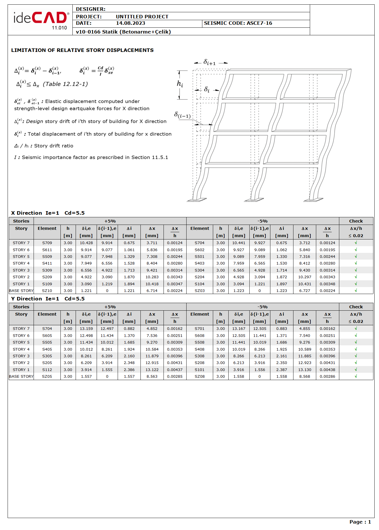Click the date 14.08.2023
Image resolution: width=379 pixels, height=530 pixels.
[131, 23]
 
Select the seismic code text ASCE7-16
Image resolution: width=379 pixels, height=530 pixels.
[259, 23]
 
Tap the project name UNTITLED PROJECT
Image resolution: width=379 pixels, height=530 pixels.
[142, 17]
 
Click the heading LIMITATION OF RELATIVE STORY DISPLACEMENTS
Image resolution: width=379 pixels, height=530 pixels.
[82, 50]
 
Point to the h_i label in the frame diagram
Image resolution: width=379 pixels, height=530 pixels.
[180, 84]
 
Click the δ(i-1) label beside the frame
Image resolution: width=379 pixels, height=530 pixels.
[182, 115]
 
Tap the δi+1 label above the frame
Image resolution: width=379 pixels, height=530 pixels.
[209, 62]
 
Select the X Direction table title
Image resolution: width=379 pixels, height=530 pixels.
[48, 213]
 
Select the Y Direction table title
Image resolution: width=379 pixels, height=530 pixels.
[48, 299]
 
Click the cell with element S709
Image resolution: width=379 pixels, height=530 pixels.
[47, 243]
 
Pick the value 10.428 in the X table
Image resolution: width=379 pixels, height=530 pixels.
[86, 243]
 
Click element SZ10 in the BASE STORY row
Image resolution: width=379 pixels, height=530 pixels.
[47, 291]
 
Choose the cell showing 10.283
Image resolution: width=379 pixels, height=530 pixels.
[152, 277]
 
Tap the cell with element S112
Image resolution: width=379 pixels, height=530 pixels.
[47, 370]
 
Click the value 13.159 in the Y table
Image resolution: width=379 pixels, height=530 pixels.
[86, 328]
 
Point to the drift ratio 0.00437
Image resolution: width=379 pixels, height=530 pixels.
[175, 370]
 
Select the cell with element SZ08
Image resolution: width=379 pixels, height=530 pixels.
[200, 376]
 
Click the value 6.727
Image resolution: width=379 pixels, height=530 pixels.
[305, 291]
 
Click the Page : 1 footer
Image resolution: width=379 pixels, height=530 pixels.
[360, 522]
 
